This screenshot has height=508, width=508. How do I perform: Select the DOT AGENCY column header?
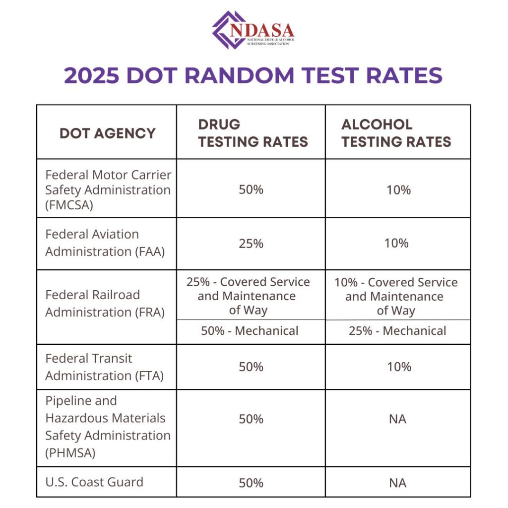107,133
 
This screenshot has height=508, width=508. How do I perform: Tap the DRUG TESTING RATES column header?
253,133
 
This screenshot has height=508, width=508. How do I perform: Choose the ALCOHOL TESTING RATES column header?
396,133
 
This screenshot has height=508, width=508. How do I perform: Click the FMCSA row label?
108,190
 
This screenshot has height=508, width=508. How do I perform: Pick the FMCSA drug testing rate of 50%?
251,190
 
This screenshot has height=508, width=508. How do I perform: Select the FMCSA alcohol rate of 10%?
399,190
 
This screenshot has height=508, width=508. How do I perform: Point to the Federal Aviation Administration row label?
105,243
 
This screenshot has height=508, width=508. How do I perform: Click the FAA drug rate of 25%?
251,243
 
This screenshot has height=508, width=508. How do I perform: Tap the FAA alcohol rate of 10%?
397,243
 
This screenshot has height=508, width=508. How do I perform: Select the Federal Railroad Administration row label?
105,303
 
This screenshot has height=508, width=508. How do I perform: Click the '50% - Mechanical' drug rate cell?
250,331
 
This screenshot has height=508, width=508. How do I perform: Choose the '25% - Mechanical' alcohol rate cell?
397,331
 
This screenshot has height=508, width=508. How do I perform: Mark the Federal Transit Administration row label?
104,367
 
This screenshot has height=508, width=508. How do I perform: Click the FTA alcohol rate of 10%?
399,367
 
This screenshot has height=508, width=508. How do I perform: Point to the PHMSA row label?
108,427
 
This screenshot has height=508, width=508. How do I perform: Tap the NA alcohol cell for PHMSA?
397,419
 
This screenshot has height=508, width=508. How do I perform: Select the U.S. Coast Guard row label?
94,482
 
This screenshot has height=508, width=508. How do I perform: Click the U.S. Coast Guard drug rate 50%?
251,483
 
